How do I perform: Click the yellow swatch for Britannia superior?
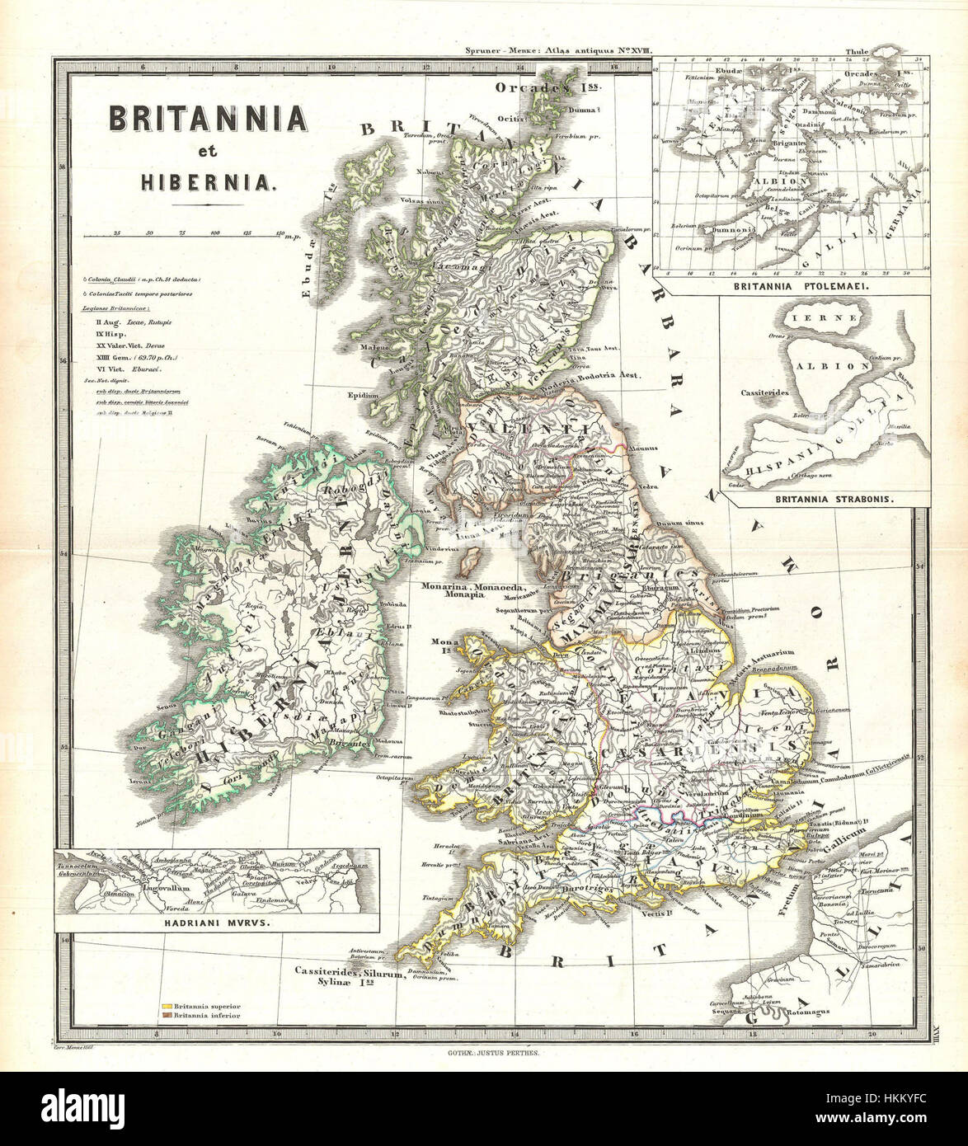[167, 1006]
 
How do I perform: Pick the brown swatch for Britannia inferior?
[167, 1016]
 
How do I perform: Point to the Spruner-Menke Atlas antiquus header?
[558, 51]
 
